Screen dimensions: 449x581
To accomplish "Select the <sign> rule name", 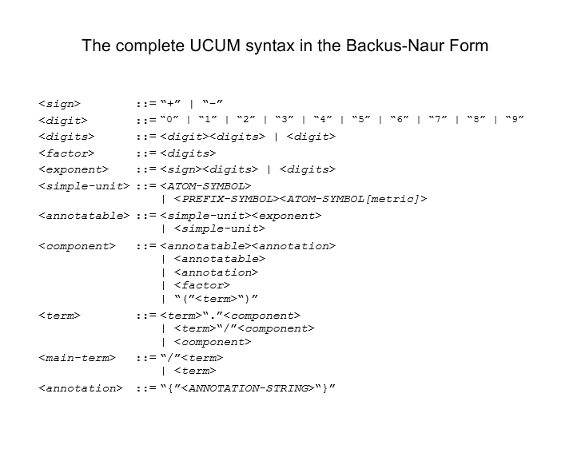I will (x=59, y=104).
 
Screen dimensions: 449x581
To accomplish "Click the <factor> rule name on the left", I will (x=66, y=153).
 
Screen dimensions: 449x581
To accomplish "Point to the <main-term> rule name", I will (x=77, y=358).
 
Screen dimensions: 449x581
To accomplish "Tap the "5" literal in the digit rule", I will (x=364, y=120).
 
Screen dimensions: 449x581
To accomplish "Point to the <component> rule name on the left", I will (x=77, y=246).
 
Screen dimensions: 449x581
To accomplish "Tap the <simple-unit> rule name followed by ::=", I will (x=83, y=185).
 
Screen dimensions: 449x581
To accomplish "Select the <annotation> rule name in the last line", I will (x=80, y=388).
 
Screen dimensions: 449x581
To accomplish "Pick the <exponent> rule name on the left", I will (x=73, y=169).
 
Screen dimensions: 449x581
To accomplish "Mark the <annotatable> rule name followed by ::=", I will (x=83, y=216).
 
